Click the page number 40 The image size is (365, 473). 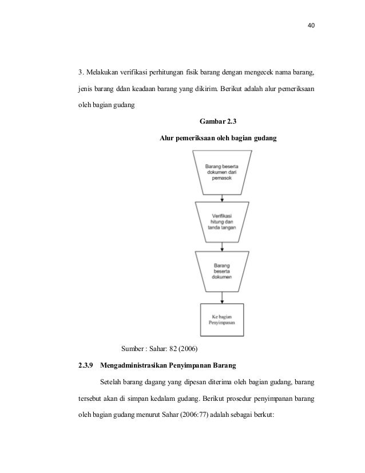coord(311,26)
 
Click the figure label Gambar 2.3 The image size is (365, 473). coord(219,121)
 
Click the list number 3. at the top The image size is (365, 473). coord(81,73)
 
